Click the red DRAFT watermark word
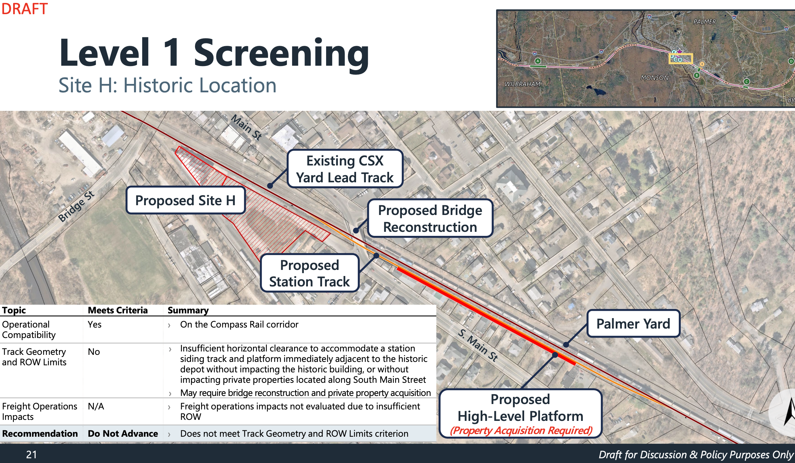(24, 9)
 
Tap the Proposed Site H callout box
(186, 200)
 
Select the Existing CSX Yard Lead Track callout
(345, 169)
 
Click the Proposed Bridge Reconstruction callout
(430, 218)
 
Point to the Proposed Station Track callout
(310, 273)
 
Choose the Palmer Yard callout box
(633, 323)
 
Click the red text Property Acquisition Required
(521, 430)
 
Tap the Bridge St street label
(76, 206)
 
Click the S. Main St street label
(478, 345)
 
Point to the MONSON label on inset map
(654, 78)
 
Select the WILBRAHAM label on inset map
(522, 84)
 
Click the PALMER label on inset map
(704, 22)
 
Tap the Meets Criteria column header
(118, 310)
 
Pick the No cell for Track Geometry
(94, 352)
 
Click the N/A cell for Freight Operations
(96, 406)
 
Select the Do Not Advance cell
(123, 434)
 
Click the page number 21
(31, 455)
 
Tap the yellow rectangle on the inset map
(680, 59)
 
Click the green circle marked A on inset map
(538, 61)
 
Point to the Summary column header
(188, 310)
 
